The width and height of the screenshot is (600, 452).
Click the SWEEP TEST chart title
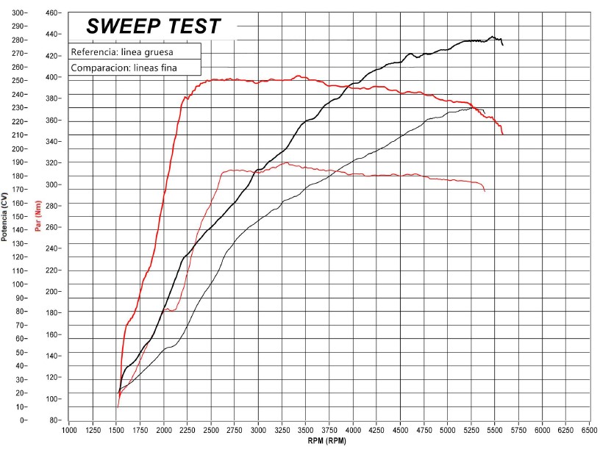pos(153,26)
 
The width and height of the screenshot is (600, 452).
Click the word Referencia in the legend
pos(95,53)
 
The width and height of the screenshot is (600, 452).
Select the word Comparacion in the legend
pos(99,68)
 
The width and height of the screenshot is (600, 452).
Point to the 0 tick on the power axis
pos(22,420)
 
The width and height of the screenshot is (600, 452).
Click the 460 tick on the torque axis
pos(51,13)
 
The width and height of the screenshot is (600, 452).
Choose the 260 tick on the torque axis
pos(51,227)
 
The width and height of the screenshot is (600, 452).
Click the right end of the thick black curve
pos(503,46)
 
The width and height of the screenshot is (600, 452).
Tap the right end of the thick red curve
pos(503,134)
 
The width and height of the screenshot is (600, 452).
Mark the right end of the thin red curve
pos(485,191)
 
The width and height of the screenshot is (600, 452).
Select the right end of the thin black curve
pos(485,113)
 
